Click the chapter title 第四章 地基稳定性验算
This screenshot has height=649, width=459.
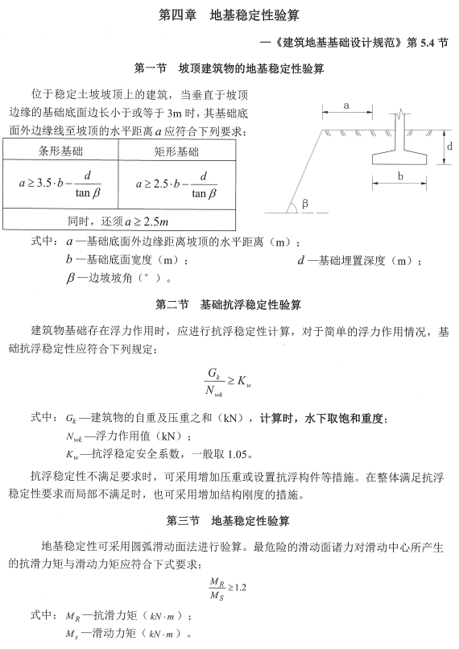(x=229, y=15)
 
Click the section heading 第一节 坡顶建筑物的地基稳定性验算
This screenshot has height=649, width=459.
(x=229, y=69)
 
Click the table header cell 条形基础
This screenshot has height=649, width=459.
(x=60, y=151)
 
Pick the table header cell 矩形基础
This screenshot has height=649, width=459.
(x=176, y=151)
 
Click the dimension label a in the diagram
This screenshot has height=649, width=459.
(x=345, y=105)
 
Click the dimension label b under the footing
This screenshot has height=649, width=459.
(x=400, y=174)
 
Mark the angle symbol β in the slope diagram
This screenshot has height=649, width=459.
(x=306, y=205)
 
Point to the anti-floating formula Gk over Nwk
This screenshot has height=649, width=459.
(x=229, y=382)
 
